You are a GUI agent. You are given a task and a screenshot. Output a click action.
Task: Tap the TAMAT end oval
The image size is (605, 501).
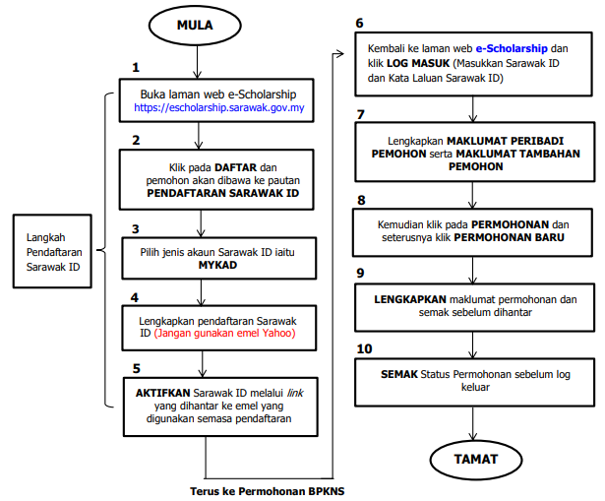pos(475,459)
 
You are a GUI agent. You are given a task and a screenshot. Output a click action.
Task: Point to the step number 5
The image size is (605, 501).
pos(135,370)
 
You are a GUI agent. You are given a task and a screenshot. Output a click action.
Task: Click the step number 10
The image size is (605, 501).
pos(363,349)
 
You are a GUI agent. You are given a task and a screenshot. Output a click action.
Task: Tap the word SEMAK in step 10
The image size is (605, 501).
pos(399,374)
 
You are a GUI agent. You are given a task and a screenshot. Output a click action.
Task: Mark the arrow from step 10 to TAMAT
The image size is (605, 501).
pos(475,420)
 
